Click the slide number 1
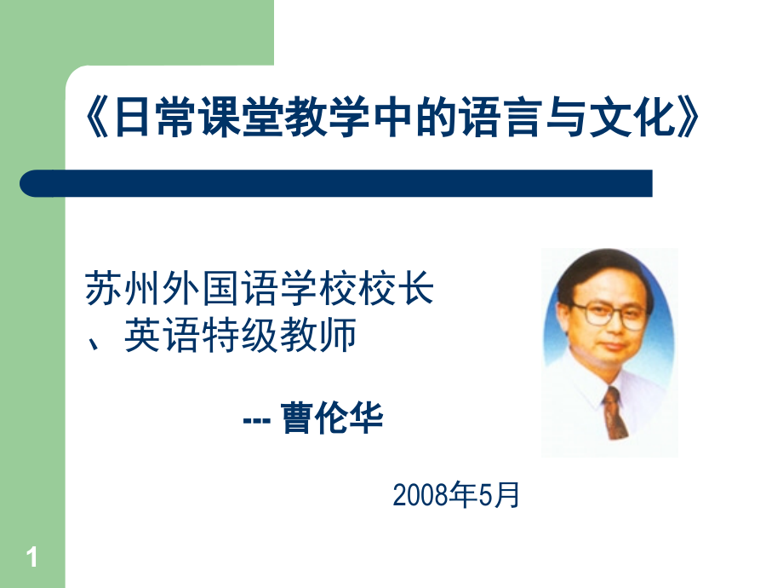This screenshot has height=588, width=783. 32,557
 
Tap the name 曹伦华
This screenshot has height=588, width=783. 333,418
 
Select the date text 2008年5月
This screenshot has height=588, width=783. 456,495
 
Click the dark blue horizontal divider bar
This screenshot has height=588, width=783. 336,183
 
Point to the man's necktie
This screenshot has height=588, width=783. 615,413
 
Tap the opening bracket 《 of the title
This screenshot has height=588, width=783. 97,118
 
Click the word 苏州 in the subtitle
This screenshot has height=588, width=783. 122,289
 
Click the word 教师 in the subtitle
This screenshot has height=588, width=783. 318,335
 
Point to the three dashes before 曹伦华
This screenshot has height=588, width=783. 257,420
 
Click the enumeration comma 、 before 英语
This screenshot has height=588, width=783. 93,344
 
